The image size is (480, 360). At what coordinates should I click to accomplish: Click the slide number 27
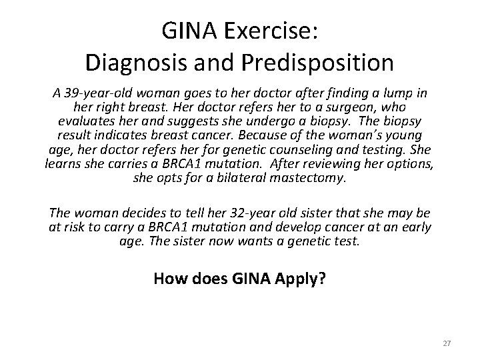point(447,343)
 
